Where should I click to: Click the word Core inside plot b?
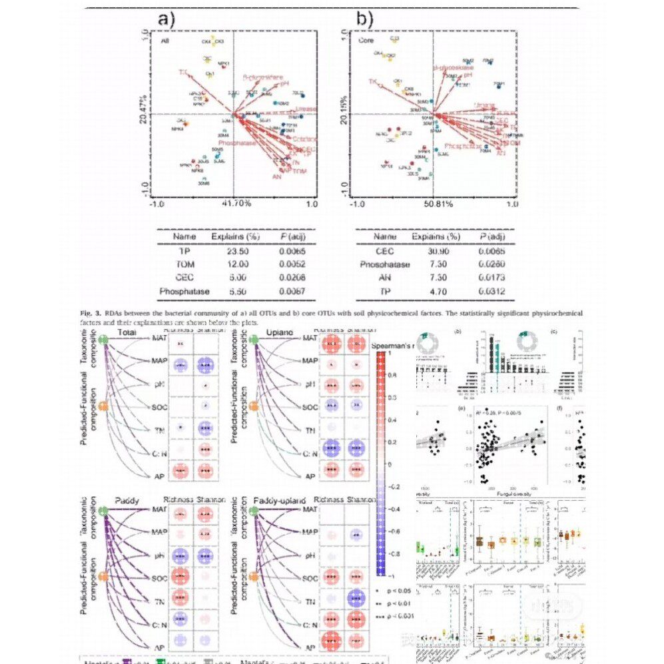pos(366,41)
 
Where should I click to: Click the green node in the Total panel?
pos(104,340)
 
